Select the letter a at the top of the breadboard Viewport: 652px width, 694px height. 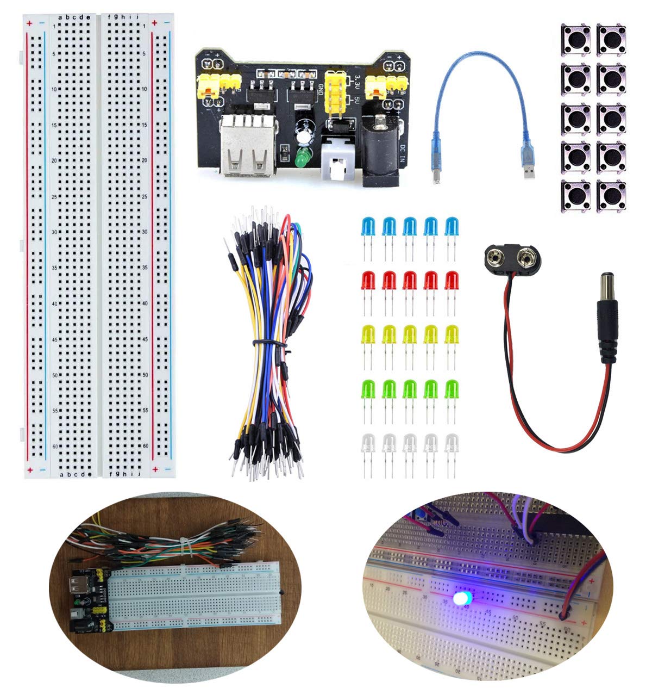(x=61, y=17)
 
